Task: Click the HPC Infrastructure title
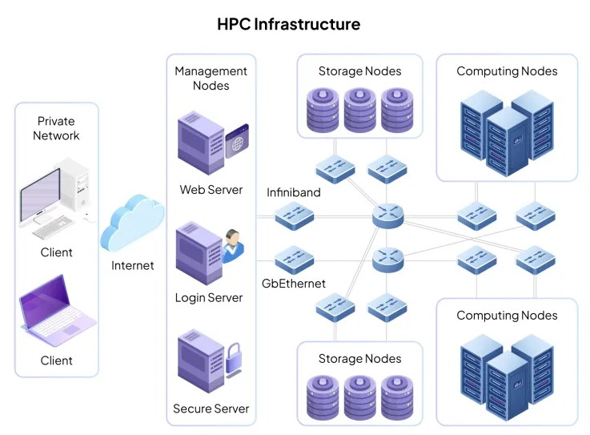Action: (x=288, y=24)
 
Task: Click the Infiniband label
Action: (x=293, y=193)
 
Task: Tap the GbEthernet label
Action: (x=294, y=284)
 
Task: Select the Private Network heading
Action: (x=56, y=128)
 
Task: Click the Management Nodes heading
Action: (x=211, y=79)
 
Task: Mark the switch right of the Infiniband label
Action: (x=295, y=215)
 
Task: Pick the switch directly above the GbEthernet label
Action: (x=295, y=260)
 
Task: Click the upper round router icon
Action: (x=388, y=215)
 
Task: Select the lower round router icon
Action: (x=388, y=259)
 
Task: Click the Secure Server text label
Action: (x=211, y=409)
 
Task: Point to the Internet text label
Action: (x=133, y=265)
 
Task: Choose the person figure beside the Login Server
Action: (x=232, y=245)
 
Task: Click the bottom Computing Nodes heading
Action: (x=507, y=315)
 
